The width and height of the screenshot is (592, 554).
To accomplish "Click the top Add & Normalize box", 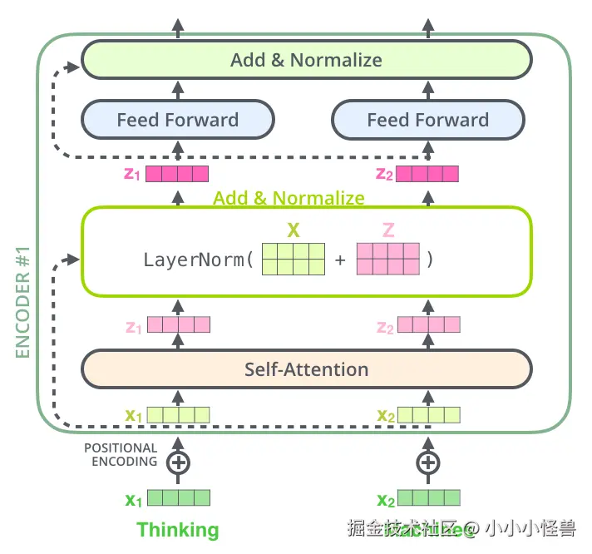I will point(306,60).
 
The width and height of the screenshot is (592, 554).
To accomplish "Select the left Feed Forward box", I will point(177,120).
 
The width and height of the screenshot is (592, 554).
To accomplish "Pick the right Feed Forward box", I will point(427,120).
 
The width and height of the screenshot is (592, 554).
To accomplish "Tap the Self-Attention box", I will point(306,369).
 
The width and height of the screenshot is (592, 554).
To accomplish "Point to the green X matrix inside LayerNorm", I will point(293,259).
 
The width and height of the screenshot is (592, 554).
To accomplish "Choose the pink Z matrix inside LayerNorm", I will point(388,259).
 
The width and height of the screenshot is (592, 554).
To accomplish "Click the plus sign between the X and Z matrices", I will point(340,260).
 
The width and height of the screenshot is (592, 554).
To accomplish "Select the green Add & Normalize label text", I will point(289,198).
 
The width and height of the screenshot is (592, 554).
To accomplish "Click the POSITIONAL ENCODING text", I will point(121,454).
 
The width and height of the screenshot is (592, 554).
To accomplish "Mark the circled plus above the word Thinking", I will point(177,463).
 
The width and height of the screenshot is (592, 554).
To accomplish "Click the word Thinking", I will point(177,530).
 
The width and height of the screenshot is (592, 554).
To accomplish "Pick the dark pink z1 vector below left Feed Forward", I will point(177,174).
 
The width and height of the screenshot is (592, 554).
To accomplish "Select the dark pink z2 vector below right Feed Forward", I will point(427,174).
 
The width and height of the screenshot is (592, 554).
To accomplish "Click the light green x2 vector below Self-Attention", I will point(427,414).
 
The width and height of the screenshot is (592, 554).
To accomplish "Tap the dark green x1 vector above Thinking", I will point(177,498).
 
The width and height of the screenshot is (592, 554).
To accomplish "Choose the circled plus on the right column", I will point(427,463).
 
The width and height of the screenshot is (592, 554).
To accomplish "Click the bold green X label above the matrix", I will point(293,229).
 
